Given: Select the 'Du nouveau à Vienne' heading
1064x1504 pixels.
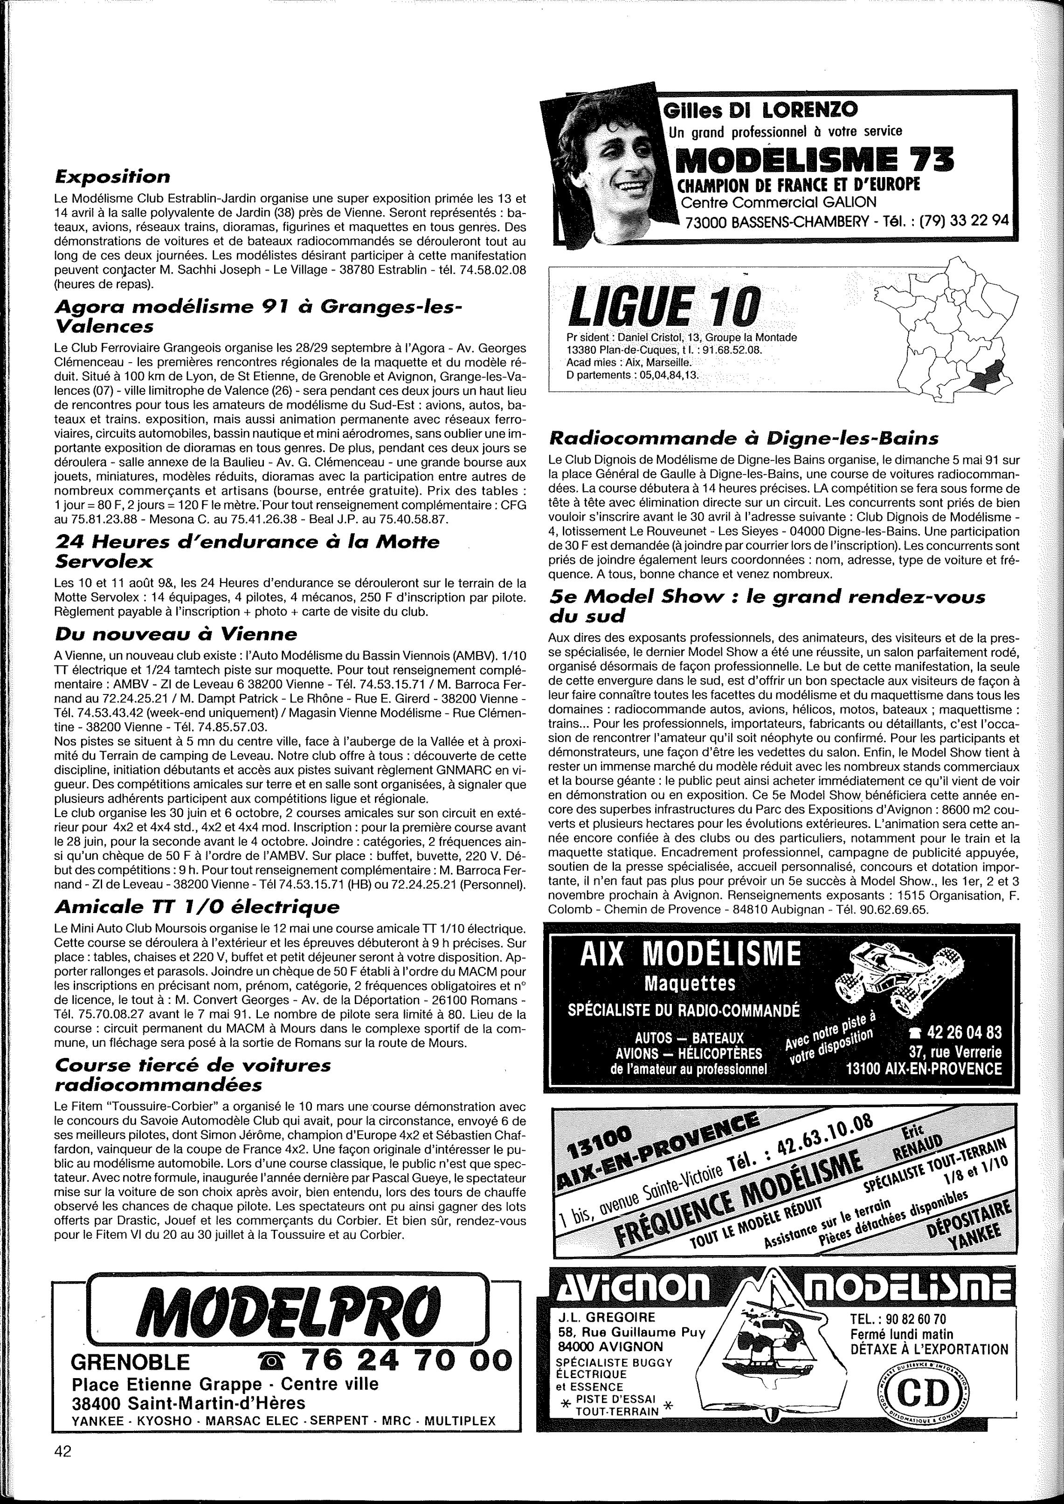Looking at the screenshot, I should (x=176, y=634).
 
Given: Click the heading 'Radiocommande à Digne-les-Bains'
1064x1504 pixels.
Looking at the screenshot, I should (x=744, y=438).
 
